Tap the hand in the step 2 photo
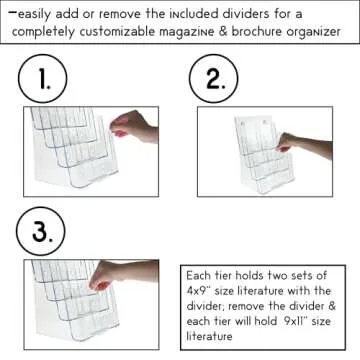click(x=300, y=146)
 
